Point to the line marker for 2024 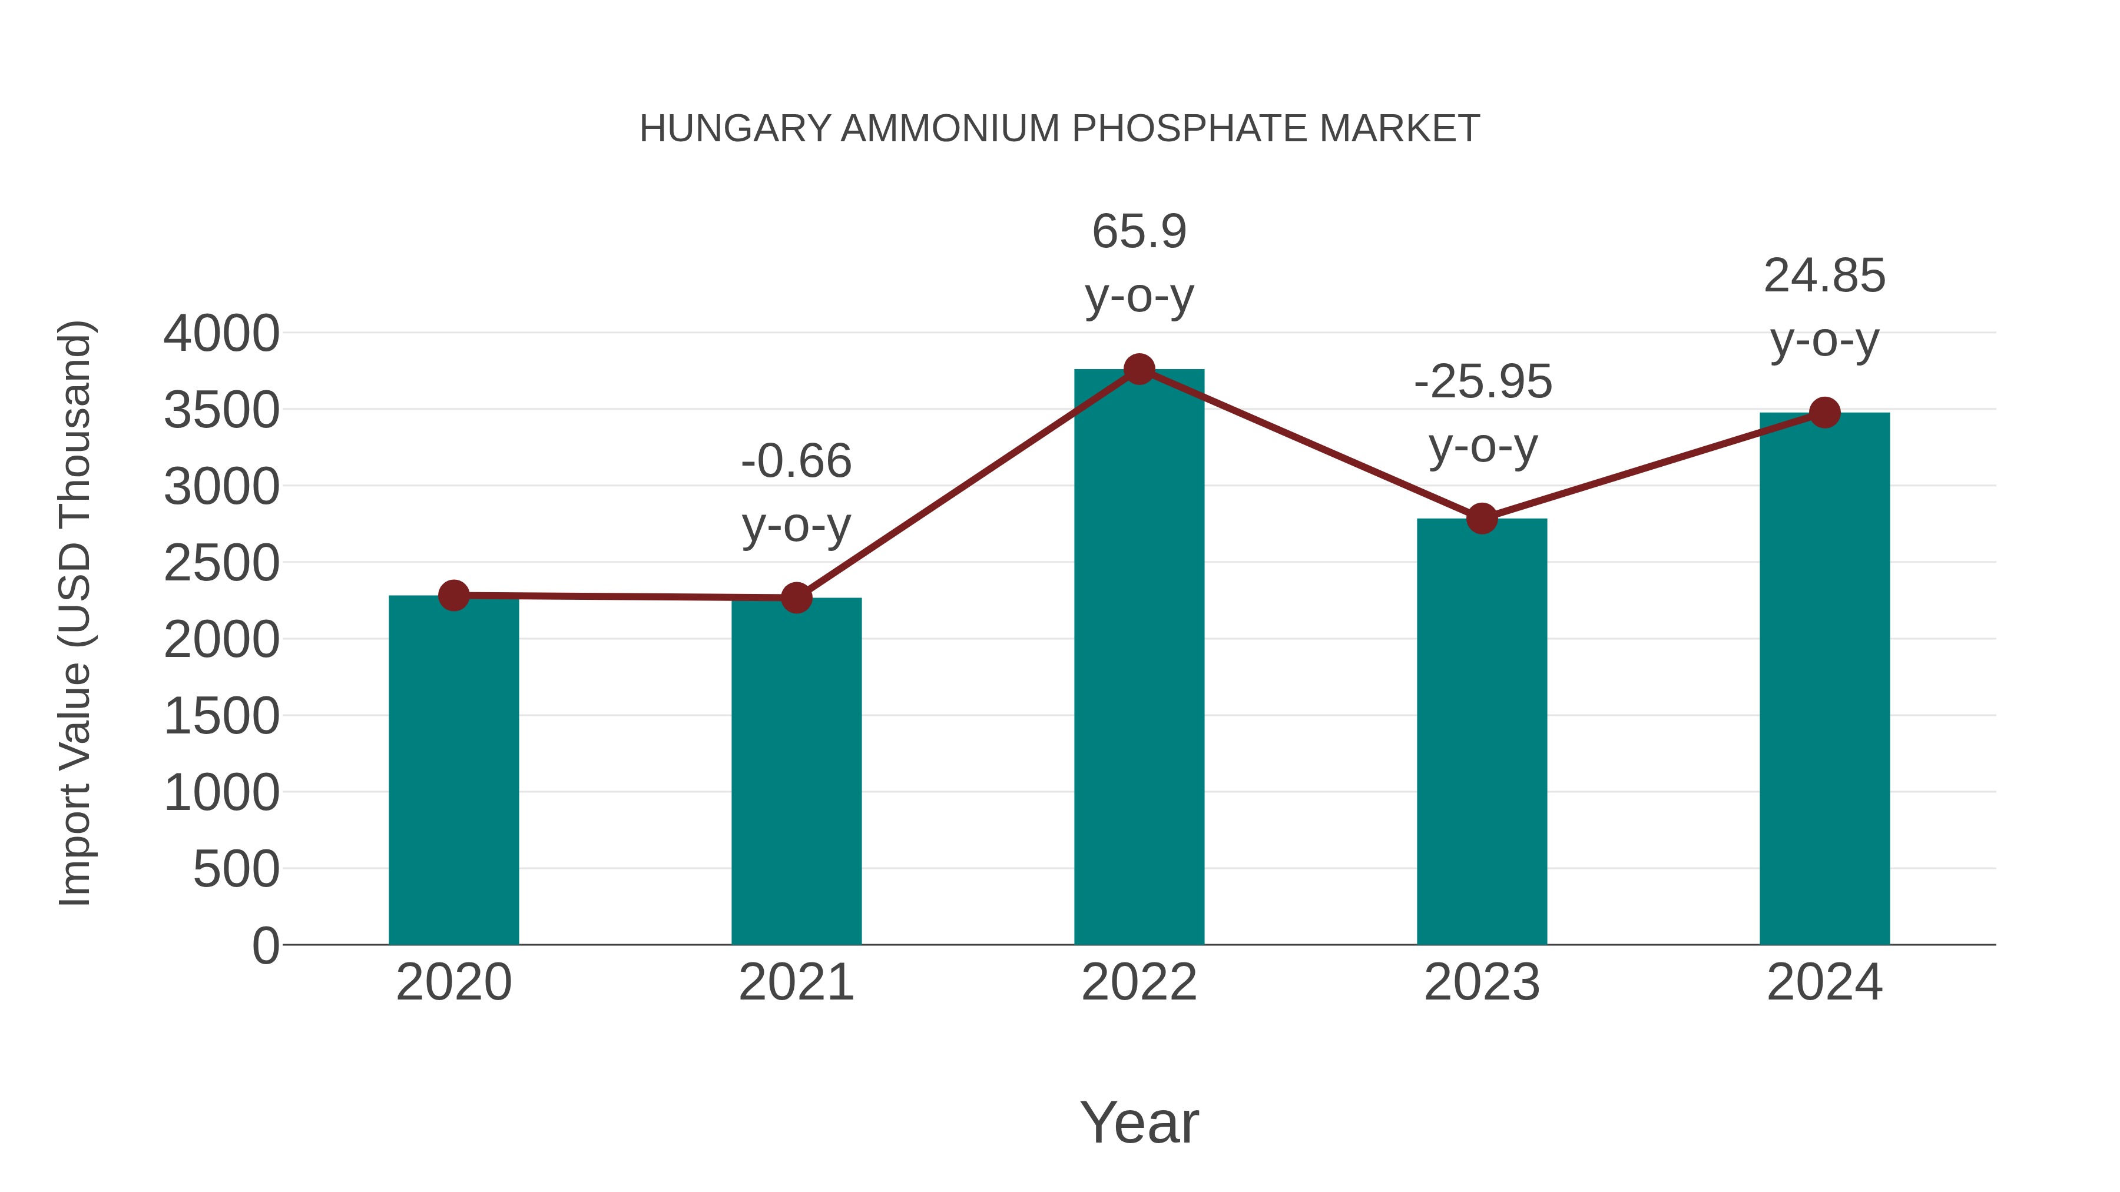1824,412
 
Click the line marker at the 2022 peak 1139,369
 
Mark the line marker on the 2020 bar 453,595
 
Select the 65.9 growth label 1139,231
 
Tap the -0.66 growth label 796,461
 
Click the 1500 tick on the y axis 221,716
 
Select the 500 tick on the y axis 236,869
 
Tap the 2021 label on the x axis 796,982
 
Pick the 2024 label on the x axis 1824,982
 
